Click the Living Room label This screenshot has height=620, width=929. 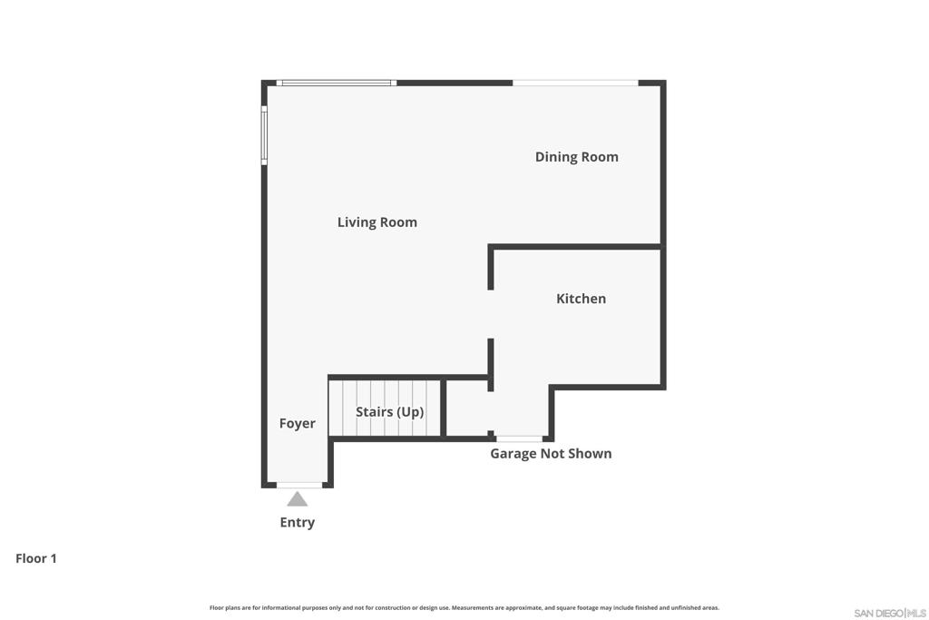coord(376,222)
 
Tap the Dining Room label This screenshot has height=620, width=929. coord(576,157)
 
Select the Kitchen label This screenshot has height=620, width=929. coord(581,299)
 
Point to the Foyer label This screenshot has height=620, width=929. coord(297,423)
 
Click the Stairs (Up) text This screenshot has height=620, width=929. coord(389,412)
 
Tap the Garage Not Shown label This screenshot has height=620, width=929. coord(551,454)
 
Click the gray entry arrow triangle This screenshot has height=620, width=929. coord(297,499)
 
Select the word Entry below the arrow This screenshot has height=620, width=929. coord(297,522)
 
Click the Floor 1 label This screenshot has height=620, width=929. coord(36,558)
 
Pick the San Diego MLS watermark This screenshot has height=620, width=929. coord(890,613)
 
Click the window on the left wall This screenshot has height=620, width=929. coord(264,135)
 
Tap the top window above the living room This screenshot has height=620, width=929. coord(337,83)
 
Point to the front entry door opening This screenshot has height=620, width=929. coord(299,485)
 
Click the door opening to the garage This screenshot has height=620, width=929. coord(519,438)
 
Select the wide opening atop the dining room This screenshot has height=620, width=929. coord(575,83)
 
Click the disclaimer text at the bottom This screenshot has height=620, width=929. coord(464,607)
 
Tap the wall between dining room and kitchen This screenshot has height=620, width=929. coord(574,247)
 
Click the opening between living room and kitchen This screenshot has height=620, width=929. coord(491,314)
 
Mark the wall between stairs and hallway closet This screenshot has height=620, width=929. coord(443,408)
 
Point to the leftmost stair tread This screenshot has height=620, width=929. coord(336,408)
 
